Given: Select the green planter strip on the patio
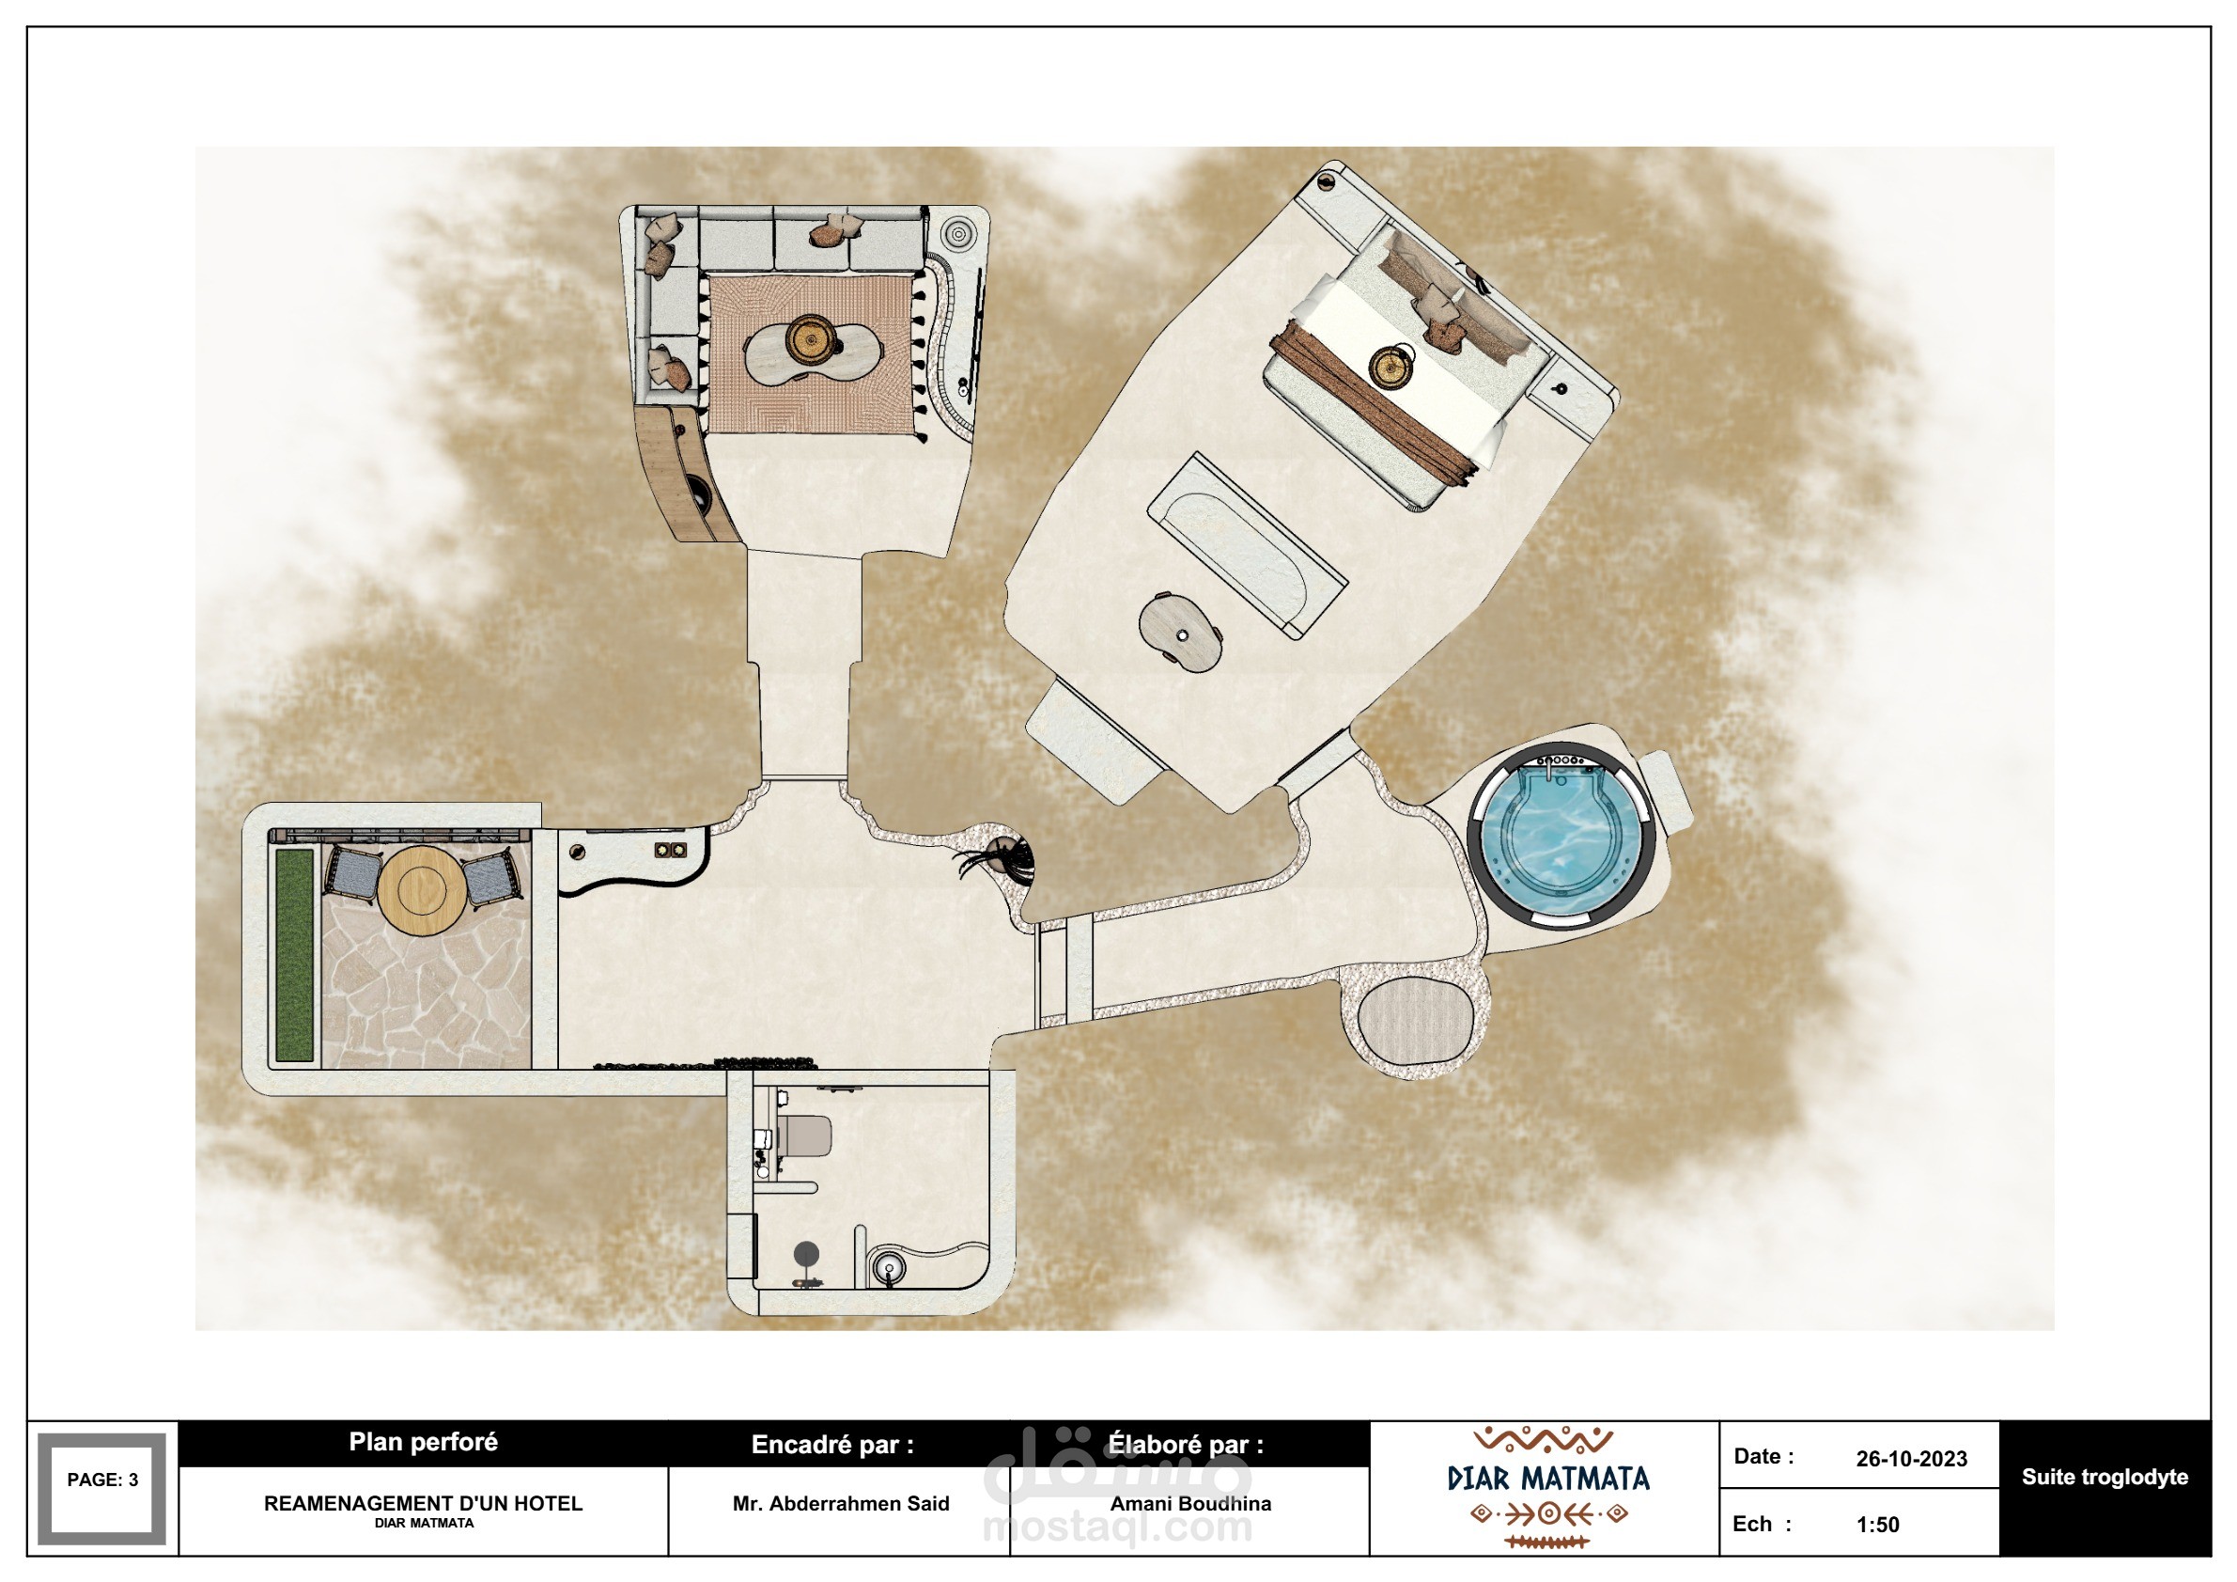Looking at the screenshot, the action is (x=294, y=954).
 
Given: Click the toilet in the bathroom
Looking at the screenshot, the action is (x=805, y=1136).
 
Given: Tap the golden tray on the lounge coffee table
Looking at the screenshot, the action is (x=810, y=339).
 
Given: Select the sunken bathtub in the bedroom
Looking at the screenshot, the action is (x=1248, y=546).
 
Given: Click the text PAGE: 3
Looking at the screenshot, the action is (x=102, y=1480).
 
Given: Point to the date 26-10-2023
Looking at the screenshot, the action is (x=1911, y=1459).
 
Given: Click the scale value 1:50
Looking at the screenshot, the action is (x=1877, y=1525).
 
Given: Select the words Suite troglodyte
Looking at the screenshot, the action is (x=2105, y=1477).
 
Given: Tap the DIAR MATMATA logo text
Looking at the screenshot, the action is (x=1548, y=1479).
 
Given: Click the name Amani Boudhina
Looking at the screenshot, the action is (x=1190, y=1503).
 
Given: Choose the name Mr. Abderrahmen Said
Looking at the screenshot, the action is (x=841, y=1503).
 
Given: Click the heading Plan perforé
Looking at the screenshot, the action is (x=423, y=1442).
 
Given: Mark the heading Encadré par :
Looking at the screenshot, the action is (x=832, y=1445).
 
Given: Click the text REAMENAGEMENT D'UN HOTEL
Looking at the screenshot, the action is (x=423, y=1503).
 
